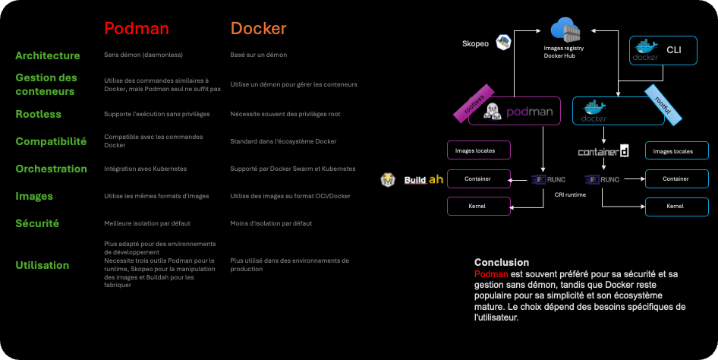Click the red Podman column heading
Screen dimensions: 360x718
[x=137, y=29]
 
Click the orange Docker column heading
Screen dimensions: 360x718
[x=259, y=29]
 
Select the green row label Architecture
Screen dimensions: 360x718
[x=48, y=55]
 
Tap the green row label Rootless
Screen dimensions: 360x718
[x=39, y=114]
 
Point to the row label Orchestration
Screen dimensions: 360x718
[x=52, y=169]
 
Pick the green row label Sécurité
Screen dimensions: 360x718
[x=37, y=223]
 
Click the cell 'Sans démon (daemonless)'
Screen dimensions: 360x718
[x=143, y=55]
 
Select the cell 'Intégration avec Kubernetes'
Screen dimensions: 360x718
[x=146, y=169]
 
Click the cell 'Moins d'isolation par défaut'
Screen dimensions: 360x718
[x=271, y=223]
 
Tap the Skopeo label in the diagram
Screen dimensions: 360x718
[x=475, y=44]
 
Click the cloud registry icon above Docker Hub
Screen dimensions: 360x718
[x=565, y=31]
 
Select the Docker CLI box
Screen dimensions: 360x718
[x=663, y=50]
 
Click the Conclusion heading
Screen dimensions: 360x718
[x=502, y=262]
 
